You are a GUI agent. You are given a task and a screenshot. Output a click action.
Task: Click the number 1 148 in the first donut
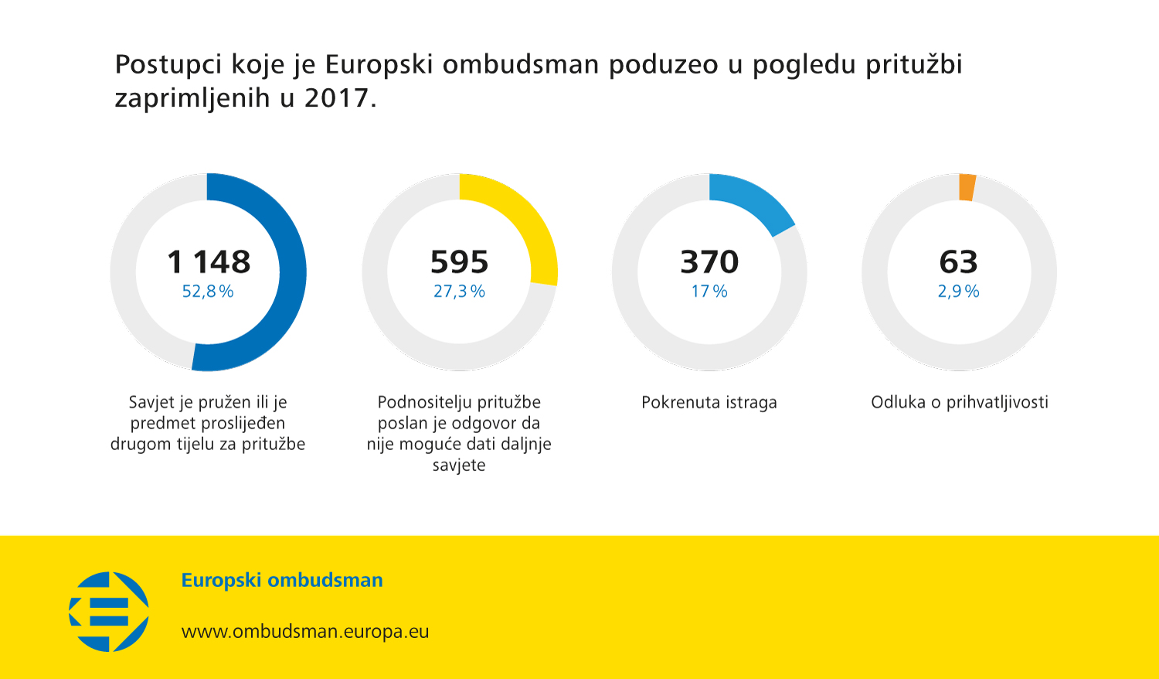coord(209,262)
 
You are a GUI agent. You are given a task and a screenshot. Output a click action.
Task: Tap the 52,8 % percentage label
coord(208,292)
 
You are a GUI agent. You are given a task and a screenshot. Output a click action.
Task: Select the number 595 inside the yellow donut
coord(460,262)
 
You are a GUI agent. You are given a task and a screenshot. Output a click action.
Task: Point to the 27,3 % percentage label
coord(459,292)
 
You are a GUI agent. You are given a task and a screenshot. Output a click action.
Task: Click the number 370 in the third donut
coord(709,262)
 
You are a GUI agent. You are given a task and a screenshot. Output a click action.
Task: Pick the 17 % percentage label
coord(709,292)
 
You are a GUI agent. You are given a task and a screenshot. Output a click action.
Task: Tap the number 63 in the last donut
coord(959,262)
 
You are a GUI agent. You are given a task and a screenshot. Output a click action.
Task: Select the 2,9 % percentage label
coord(959,292)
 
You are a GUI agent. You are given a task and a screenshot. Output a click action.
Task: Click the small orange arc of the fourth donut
coord(967,187)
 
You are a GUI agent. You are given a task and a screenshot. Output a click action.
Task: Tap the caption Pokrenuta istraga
coord(709,403)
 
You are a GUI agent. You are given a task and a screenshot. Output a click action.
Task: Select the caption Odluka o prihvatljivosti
coord(960,403)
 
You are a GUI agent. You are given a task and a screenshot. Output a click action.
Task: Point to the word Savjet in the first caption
coord(151,403)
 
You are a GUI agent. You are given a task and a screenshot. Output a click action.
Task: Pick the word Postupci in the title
coord(168,64)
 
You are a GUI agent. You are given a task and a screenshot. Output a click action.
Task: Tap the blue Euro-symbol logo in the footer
coord(109,612)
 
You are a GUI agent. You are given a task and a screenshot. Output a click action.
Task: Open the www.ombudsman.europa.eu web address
coord(305,632)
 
